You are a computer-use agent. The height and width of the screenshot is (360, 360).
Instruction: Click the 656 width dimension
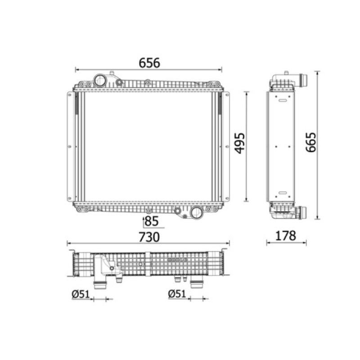[x=149, y=63]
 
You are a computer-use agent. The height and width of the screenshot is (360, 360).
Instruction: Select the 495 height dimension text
[x=240, y=143]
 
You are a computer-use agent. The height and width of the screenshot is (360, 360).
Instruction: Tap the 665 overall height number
[x=311, y=142]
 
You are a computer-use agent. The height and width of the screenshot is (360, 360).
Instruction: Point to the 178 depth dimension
[x=285, y=235]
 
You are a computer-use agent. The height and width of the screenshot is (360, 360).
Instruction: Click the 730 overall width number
[x=149, y=237]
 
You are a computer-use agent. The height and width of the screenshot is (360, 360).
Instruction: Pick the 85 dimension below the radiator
[x=152, y=221]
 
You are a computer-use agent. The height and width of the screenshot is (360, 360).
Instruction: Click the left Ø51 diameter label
[x=81, y=294]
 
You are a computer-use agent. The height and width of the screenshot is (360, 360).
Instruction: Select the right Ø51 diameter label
[x=177, y=294]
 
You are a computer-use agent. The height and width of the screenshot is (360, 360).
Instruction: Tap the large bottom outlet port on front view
[x=196, y=213]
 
